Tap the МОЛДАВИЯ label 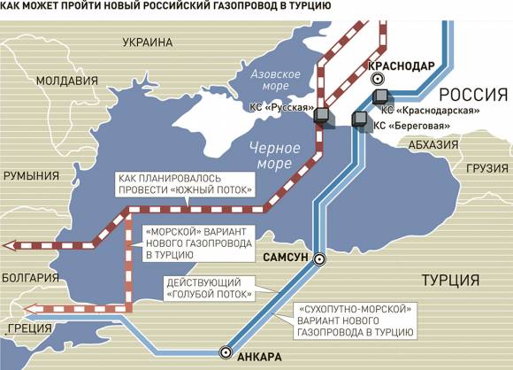50,81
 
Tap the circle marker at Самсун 320,259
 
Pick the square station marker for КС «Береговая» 360,120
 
